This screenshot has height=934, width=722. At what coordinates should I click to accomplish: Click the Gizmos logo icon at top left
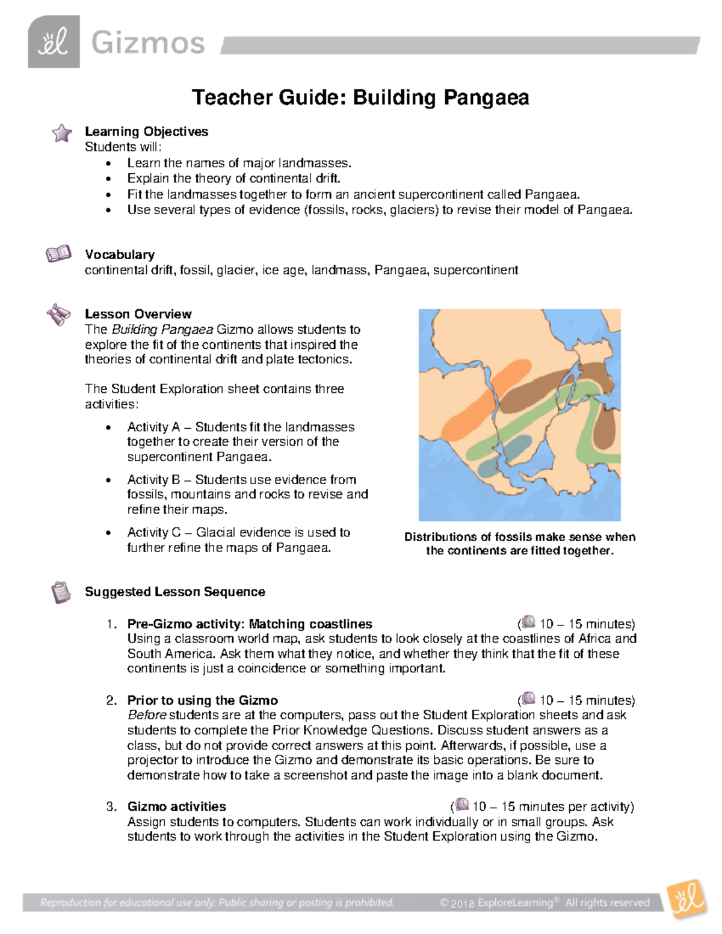[54, 41]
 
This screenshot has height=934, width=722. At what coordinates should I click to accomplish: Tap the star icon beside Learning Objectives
[61, 133]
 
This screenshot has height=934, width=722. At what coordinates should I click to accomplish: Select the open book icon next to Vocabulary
[58, 254]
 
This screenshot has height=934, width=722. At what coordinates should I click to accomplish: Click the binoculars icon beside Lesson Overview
[58, 315]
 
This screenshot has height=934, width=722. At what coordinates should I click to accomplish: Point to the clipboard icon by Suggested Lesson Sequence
[60, 592]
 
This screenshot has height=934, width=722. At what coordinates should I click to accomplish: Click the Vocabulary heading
[120, 254]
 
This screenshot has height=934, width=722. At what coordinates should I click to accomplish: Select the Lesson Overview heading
[138, 314]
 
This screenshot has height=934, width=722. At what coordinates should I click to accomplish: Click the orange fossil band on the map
[466, 415]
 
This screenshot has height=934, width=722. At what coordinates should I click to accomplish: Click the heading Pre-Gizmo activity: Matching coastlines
[250, 624]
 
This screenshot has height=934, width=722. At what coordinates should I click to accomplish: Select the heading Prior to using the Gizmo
[202, 700]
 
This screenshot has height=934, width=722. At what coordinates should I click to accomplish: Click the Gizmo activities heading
[176, 806]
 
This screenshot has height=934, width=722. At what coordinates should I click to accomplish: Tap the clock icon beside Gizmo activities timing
[462, 805]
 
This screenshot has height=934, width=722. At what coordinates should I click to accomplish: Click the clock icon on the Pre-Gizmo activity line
[528, 622]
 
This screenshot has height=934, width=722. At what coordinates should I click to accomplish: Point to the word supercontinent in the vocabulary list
[475, 270]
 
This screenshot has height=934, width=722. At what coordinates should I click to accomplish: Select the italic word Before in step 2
[147, 715]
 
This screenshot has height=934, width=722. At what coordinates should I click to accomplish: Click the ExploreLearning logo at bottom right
[687, 900]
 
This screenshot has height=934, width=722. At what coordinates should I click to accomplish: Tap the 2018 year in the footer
[463, 903]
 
